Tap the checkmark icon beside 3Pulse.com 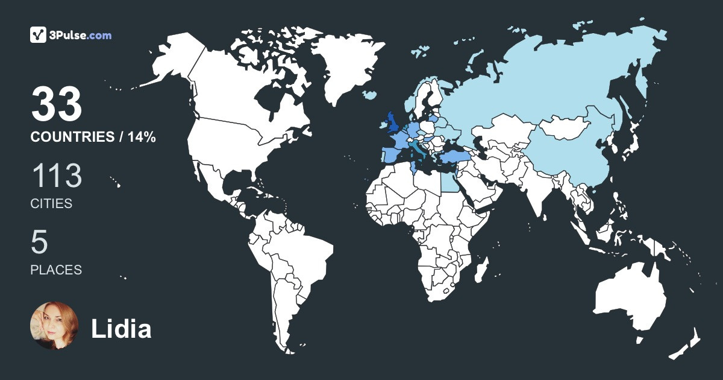coord(38,35)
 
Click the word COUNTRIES coord(72,138)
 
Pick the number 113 coord(56,176)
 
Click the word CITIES coord(51,204)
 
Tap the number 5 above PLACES coord(39,242)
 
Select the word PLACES coord(56,270)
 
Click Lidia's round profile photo coord(54,326)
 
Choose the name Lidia coord(121,329)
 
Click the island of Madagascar coord(480,268)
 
